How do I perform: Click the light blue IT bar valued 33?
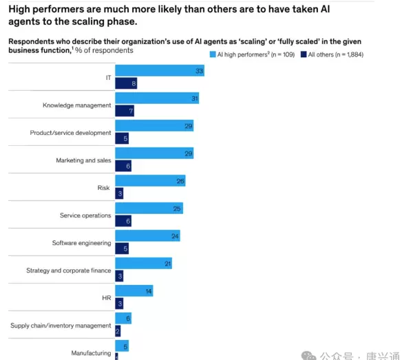(160, 70)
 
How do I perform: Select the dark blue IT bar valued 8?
(126, 83)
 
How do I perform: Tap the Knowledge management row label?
(76, 105)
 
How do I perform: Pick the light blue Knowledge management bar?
(157, 98)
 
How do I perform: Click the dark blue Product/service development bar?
(122, 138)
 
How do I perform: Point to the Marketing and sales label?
(83, 160)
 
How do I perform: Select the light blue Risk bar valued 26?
(150, 181)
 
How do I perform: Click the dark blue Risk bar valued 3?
(119, 193)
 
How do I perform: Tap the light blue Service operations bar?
(149, 209)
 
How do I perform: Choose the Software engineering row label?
(81, 243)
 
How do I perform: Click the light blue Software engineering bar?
(147, 236)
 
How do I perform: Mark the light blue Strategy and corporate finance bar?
(143, 264)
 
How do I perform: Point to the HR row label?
(106, 298)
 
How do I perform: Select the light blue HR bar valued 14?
(134, 291)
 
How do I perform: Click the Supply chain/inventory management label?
(61, 326)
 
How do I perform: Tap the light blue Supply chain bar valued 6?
(123, 319)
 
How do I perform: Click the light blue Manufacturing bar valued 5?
(122, 346)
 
